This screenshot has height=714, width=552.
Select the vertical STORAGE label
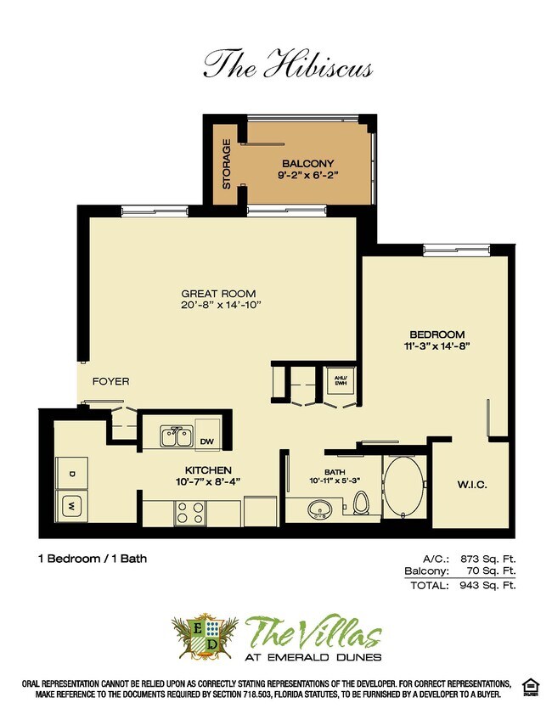(227, 163)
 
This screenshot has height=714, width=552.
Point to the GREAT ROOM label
(217, 294)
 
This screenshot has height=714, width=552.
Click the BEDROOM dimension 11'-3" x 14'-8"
(438, 346)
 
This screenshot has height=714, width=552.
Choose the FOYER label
(111, 381)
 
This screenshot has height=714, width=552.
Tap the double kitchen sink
(177, 436)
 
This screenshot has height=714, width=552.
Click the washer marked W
(71, 507)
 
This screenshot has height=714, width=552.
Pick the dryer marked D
(72, 472)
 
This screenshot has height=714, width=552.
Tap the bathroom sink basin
(320, 509)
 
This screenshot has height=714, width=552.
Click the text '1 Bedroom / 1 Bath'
(93, 559)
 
